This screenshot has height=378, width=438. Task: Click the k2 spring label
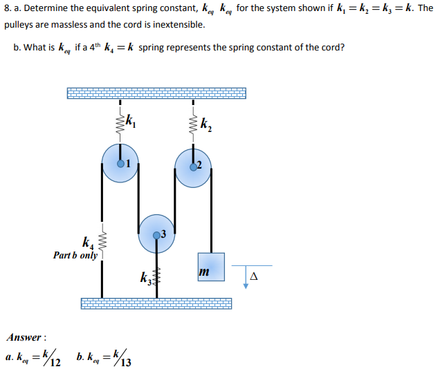tap(207, 126)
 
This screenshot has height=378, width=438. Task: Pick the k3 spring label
tap(145, 279)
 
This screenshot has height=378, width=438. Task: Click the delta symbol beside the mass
tap(254, 276)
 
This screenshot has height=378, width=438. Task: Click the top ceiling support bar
tap(156, 93)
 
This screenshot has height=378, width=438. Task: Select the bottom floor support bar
tap(156, 303)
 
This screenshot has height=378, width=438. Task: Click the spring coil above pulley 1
tap(120, 124)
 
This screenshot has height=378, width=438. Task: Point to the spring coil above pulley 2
tap(193, 124)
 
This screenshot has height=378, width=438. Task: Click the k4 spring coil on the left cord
tap(103, 242)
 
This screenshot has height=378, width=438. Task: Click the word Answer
tap(25, 338)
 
